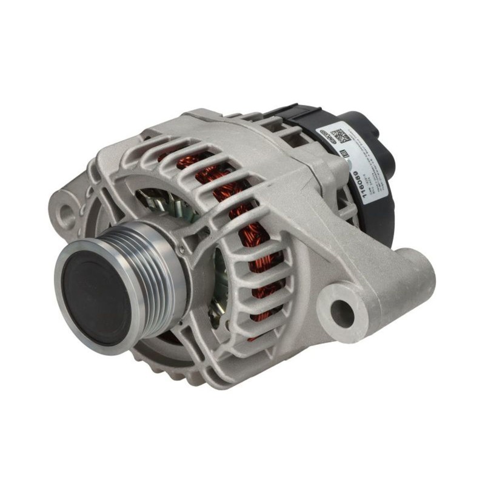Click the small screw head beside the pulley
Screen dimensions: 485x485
point(181,248)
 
